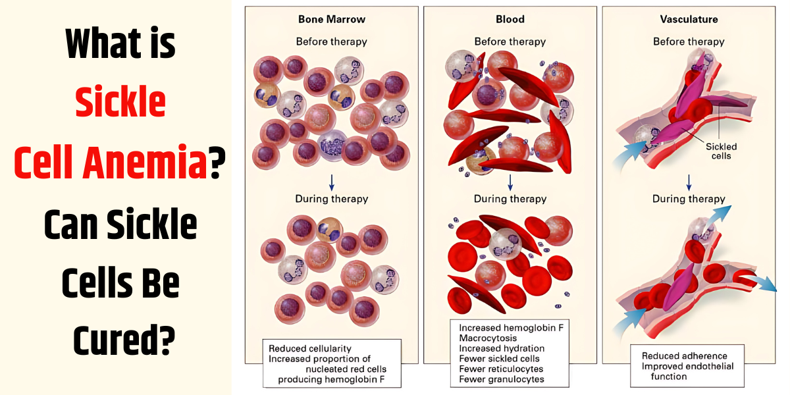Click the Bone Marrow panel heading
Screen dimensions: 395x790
click(x=331, y=20)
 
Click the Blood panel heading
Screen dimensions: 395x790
click(x=510, y=20)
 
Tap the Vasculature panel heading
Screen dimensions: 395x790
click(x=689, y=20)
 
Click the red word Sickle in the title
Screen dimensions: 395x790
click(x=120, y=102)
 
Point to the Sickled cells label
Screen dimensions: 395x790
click(x=721, y=151)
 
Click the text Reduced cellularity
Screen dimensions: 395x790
click(x=309, y=348)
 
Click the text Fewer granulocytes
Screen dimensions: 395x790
click(x=502, y=380)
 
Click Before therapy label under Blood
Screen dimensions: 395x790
click(x=510, y=41)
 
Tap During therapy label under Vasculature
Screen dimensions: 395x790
click(x=689, y=199)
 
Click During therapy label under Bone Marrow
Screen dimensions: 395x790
click(x=331, y=199)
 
